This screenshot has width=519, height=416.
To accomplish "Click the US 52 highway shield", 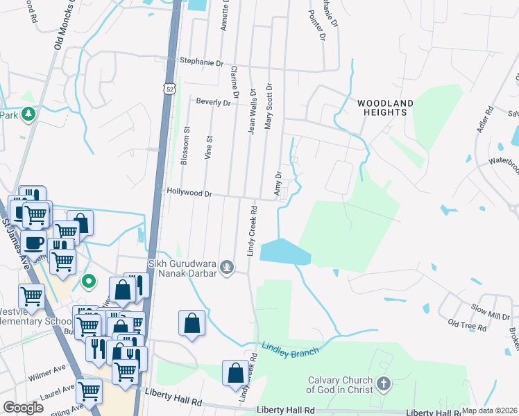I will click(x=170, y=89).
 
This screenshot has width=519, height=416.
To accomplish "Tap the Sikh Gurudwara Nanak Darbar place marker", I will click(x=226, y=266).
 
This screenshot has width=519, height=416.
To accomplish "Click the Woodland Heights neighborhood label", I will click(x=385, y=107).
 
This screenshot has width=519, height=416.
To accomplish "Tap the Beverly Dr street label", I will click(x=213, y=102).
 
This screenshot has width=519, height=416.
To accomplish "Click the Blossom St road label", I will click(x=185, y=146).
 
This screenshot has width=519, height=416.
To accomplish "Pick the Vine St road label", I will click(x=207, y=150).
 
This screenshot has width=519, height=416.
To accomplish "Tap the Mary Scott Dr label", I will click(x=269, y=107).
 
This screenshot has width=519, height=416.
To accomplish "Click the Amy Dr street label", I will click(x=278, y=184).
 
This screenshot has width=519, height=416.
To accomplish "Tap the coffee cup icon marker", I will click(x=33, y=243).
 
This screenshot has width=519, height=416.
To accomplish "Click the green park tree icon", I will click(x=28, y=113).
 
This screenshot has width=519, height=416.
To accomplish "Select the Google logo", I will click(x=23, y=408).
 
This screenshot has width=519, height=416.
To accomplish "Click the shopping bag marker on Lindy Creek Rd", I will click(x=235, y=372).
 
